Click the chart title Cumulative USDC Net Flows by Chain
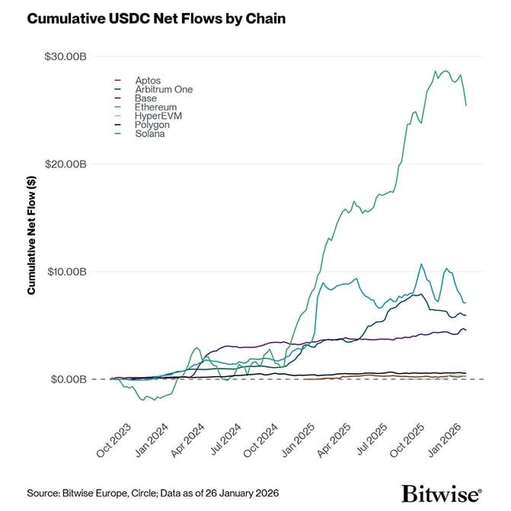pyautogui.click(x=156, y=19)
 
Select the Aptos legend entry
pyautogui.click(x=146, y=80)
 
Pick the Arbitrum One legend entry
pyautogui.click(x=163, y=89)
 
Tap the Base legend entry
pyautogui.click(x=145, y=98)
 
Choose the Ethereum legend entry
pyautogui.click(x=155, y=107)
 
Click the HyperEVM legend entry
pyautogui.click(x=158, y=116)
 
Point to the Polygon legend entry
pyautogui.click(x=152, y=125)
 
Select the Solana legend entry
pyautogui.click(x=149, y=134)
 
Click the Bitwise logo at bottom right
pyautogui.click(x=441, y=491)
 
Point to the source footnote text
pyautogui.click(x=152, y=493)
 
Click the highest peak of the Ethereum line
pyautogui.click(x=436, y=71)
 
